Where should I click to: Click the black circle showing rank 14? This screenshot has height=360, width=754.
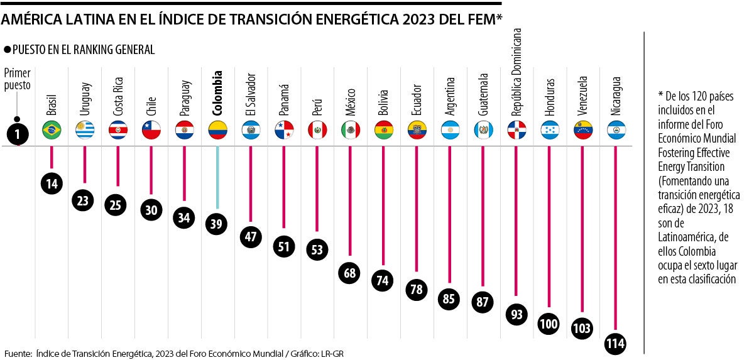[x=52, y=183]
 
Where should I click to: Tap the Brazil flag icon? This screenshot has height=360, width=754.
[x=51, y=130]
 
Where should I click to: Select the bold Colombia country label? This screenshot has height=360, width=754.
[x=217, y=91]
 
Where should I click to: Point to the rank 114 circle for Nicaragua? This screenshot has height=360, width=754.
[x=616, y=344]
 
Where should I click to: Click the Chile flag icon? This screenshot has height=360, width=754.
[x=151, y=130]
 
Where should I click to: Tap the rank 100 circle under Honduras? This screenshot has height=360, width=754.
[x=550, y=324]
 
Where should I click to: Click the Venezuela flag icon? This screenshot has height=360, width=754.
[x=583, y=130]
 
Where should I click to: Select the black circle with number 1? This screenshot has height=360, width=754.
[x=18, y=134]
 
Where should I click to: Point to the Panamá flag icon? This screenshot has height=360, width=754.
[x=284, y=130]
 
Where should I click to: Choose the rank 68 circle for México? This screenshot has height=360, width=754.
[x=350, y=273]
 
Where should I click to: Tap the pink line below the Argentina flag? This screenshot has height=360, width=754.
[x=450, y=214]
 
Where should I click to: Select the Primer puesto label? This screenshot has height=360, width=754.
[x=18, y=80]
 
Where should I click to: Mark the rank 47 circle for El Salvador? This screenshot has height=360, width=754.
[x=251, y=237]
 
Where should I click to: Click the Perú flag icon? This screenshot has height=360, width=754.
[x=317, y=130]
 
